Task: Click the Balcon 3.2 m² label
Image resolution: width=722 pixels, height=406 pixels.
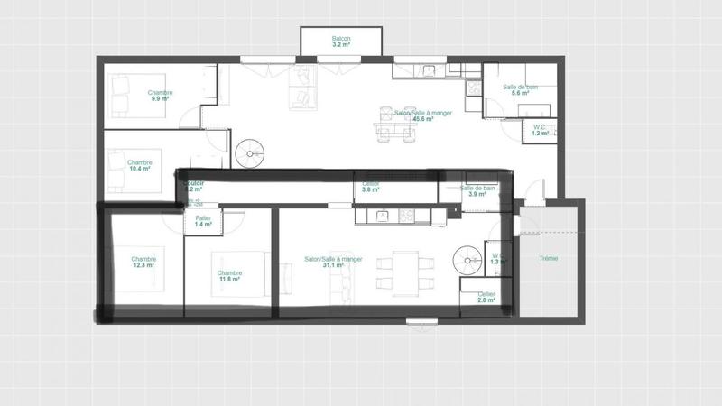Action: tap(341, 42)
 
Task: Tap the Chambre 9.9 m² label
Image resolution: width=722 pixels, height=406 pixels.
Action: tap(161, 96)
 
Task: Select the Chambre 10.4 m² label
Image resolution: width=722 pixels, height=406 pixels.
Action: tap(139, 165)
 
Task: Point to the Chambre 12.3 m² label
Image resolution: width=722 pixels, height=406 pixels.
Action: tap(143, 263)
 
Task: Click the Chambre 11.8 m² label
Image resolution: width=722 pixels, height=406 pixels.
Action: tap(229, 276)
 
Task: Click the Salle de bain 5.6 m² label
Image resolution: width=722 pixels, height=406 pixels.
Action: tap(520, 90)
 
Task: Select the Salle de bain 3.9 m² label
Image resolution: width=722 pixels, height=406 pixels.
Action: tap(478, 191)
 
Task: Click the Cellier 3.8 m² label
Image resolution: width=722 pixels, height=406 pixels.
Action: tap(371, 188)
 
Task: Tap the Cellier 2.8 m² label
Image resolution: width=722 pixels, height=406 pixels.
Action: tap(486, 297)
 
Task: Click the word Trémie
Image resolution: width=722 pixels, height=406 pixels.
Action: tap(549, 259)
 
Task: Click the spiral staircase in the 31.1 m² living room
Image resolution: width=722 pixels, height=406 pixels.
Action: tap(468, 263)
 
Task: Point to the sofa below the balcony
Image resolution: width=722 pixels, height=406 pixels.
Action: tap(301, 87)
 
